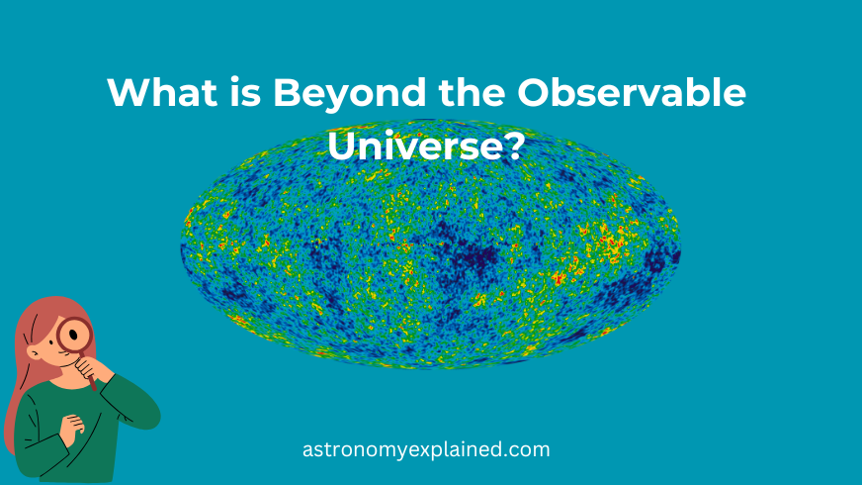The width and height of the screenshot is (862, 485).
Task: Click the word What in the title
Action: [163, 92]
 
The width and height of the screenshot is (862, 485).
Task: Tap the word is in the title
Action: [246, 92]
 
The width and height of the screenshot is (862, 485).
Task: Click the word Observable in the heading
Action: [632, 92]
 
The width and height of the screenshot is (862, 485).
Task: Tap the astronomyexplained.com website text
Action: [426, 449]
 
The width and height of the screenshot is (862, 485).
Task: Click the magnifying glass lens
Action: [74, 335]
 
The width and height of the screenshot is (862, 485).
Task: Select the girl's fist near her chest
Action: [72, 428]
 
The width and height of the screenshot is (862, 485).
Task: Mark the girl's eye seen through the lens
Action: [72, 333]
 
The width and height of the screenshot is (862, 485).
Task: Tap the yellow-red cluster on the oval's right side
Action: [611, 242]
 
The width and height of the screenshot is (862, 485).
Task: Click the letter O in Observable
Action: [535, 92]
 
